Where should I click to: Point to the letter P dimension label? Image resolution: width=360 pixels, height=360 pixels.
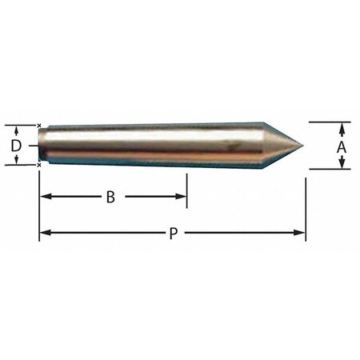coord(173,234)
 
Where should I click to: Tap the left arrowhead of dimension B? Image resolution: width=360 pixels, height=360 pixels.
coord(45,197)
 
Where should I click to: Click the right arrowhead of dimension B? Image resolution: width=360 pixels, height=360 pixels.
coord(182,197)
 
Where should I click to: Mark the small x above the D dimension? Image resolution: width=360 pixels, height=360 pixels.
coord(39,125)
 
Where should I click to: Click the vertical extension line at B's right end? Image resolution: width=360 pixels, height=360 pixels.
coord(186,188)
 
